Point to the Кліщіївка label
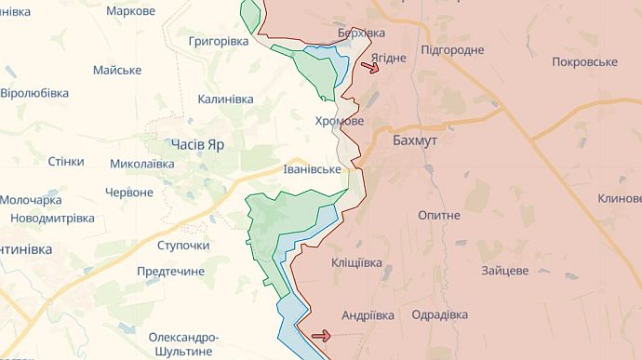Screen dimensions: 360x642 [356, 263]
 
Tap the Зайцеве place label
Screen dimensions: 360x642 [505, 271]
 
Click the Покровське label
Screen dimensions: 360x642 [584, 61]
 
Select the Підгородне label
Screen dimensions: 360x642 [452, 49]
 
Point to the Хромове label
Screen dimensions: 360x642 [339, 122]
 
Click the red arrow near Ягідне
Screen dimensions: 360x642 [369, 68]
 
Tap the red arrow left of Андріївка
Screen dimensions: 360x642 [321, 336]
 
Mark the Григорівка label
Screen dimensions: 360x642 [219, 42]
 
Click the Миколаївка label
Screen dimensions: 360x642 [141, 164]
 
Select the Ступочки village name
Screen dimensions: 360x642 [182, 246]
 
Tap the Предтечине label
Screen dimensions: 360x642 [170, 271]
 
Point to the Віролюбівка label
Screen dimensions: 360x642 [34, 93]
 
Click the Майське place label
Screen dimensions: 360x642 [117, 71]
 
